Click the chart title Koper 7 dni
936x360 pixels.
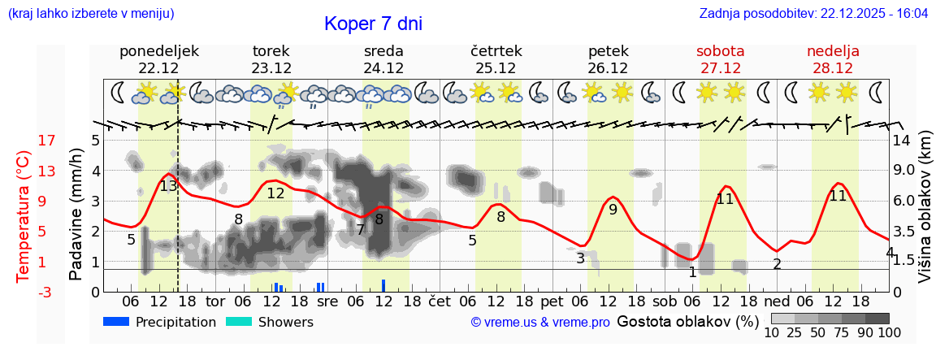[x=373, y=24]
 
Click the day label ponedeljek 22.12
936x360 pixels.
[x=159, y=59]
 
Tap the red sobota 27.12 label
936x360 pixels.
[x=721, y=59]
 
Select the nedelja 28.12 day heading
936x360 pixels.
[x=833, y=59]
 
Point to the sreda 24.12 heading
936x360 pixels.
[x=383, y=59]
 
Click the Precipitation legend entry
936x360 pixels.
[x=159, y=322]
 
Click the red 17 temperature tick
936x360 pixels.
[x=24, y=141]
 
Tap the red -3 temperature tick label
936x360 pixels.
[x=24, y=293]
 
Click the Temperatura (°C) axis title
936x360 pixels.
[x=24, y=216]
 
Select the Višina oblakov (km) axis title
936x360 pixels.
[x=925, y=208]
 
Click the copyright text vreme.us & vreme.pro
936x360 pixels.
[x=540, y=323]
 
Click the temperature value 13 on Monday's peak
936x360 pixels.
[x=168, y=186]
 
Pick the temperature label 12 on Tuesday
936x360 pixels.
[x=275, y=193]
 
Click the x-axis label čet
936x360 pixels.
[x=440, y=301]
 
